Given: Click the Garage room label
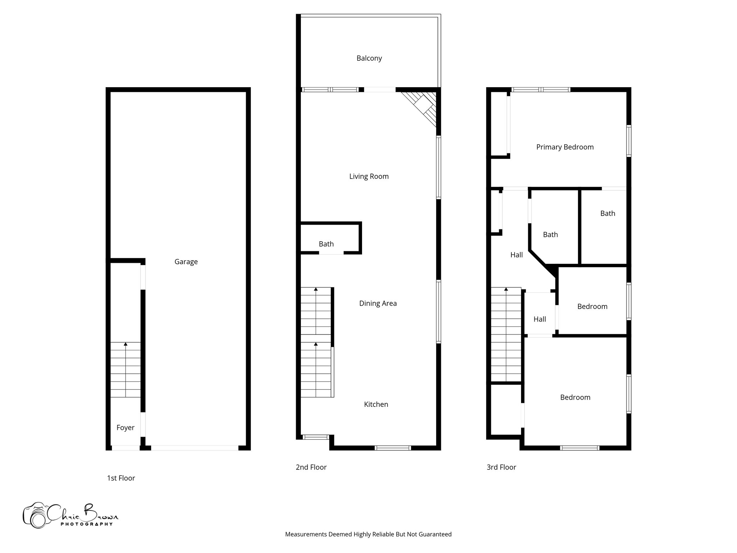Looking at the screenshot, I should tap(186, 262).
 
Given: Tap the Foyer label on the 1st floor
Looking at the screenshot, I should tap(125, 427).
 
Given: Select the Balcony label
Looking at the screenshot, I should tap(369, 58).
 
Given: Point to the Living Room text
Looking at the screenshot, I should tap(369, 176).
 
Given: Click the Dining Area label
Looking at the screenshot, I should tap(377, 303).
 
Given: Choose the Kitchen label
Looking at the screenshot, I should tap(376, 404).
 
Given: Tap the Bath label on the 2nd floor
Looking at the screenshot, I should tap(326, 244).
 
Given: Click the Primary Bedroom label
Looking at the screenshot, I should tap(565, 147).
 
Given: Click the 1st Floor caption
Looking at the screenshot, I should tap(121, 478).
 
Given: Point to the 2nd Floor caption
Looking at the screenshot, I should tap(311, 467).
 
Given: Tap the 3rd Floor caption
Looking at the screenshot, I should tap(501, 467).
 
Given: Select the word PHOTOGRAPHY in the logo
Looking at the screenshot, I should tap(86, 524).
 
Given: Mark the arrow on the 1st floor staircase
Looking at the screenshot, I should tap(125, 345).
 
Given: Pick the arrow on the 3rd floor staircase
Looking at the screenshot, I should tap(506, 289).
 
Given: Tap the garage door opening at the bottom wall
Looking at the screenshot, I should tap(194, 448).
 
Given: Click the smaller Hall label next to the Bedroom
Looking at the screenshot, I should tap(539, 319).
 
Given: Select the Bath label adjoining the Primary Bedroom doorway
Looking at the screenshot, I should tap(607, 213).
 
